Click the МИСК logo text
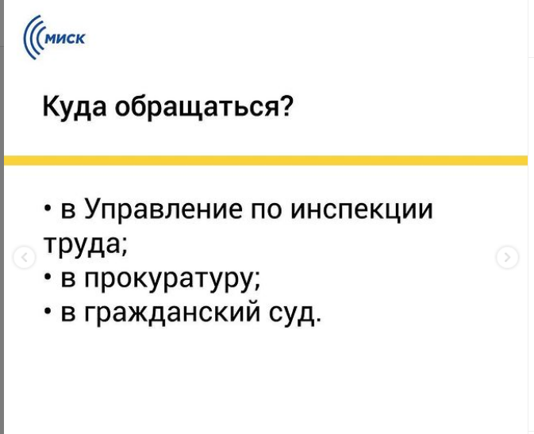pyautogui.click(x=65, y=39)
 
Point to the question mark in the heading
pyautogui.click(x=284, y=106)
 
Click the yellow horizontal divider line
pyautogui.click(x=266, y=160)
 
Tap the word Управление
pyautogui.click(x=163, y=209)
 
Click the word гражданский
pyautogui.click(x=172, y=313)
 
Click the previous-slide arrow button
pyautogui.click(x=24, y=257)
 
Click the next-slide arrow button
pyautogui.click(x=508, y=257)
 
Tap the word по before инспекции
pyautogui.click(x=267, y=209)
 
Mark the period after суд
pyautogui.click(x=318, y=320)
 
